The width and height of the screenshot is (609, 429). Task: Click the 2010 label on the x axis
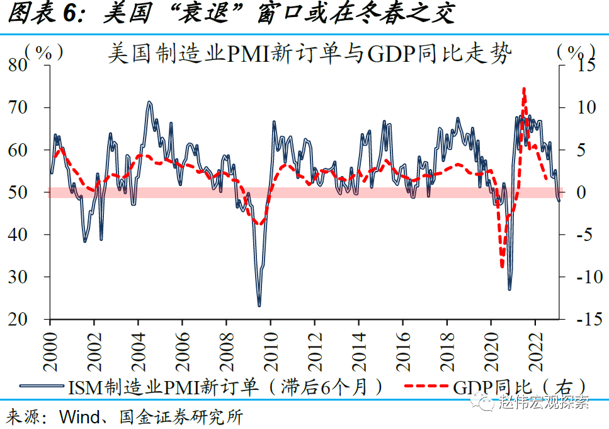pyautogui.click(x=270, y=346)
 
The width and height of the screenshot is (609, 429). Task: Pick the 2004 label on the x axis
pyautogui.click(x=137, y=346)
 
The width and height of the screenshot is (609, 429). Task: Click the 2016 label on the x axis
pyautogui.click(x=402, y=346)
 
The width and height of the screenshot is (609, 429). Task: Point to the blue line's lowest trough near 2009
pyautogui.click(x=259, y=305)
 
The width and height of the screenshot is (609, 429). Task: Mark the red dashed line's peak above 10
pyautogui.click(x=524, y=90)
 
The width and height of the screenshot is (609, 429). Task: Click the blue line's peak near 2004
pyautogui.click(x=149, y=102)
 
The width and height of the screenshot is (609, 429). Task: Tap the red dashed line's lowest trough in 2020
pyautogui.click(x=502, y=266)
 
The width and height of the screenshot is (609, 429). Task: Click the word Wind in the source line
pyautogui.click(x=76, y=417)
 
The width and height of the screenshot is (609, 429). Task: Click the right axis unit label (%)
pyautogui.click(x=576, y=52)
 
